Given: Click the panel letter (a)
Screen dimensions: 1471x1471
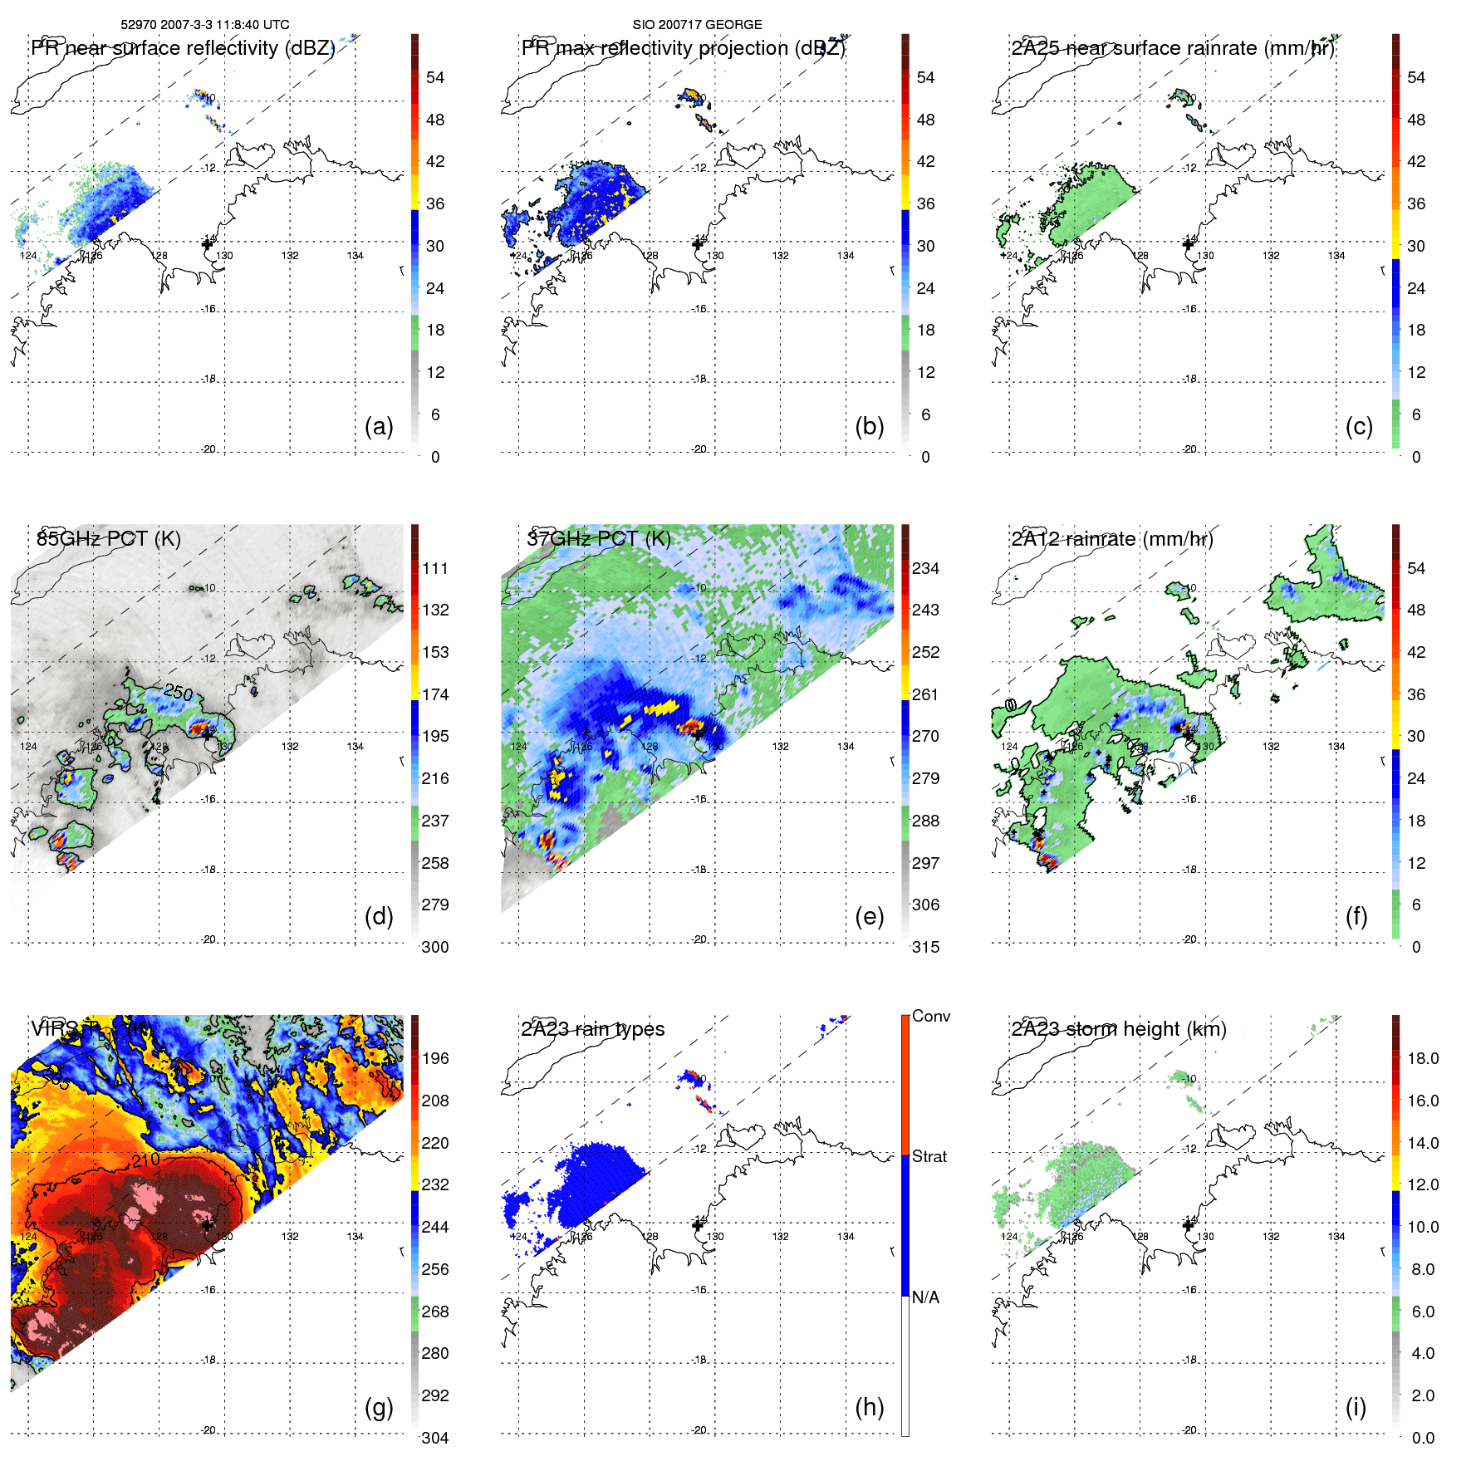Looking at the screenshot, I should [x=379, y=426].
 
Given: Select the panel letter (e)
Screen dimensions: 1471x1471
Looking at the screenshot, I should [x=869, y=916].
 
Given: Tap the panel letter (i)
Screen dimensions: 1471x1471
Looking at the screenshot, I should [x=1356, y=1407].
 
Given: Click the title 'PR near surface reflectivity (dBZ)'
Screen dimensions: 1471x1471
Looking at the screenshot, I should [x=183, y=48].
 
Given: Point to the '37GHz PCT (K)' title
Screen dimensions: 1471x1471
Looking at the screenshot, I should [x=598, y=538].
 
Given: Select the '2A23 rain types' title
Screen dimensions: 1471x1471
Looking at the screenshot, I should [x=592, y=1029].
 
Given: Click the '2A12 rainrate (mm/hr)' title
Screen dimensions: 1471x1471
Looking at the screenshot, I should [x=1111, y=538].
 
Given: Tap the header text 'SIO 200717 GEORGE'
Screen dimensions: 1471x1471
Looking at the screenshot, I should [x=697, y=24].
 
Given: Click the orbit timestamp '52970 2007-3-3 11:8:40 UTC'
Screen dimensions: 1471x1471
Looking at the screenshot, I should [x=205, y=24].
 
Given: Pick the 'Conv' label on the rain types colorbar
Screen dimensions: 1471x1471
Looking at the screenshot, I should [x=930, y=1016].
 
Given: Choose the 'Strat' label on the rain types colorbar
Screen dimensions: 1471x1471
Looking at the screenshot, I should [x=929, y=1156].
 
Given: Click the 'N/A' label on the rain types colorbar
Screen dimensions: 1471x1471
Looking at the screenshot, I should [x=925, y=1297].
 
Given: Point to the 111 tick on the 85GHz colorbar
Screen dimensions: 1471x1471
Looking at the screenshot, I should [x=435, y=568].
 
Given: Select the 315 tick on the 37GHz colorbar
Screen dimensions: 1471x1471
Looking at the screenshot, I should [x=925, y=947].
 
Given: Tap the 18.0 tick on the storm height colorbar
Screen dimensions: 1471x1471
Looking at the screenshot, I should [x=1422, y=1058].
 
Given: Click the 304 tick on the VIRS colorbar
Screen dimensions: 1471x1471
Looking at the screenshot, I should [x=435, y=1438].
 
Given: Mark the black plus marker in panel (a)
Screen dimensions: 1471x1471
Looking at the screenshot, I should [x=207, y=243].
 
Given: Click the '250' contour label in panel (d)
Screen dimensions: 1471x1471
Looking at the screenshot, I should [x=178, y=692].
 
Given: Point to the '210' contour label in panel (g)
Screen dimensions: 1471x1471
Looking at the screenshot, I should [x=145, y=1160].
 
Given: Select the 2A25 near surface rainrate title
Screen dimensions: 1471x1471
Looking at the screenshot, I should [x=1172, y=48].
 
